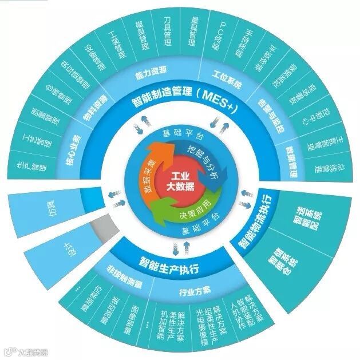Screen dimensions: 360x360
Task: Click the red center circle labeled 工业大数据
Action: [179, 181]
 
